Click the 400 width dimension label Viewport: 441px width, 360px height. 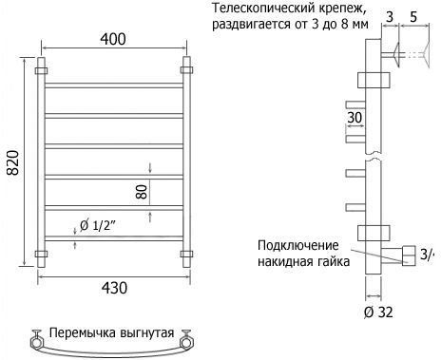pyautogui.click(x=113, y=39)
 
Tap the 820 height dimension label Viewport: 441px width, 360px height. pyautogui.click(x=13, y=162)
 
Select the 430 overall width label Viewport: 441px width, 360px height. pyautogui.click(x=114, y=288)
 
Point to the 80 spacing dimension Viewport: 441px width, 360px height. pyautogui.click(x=142, y=192)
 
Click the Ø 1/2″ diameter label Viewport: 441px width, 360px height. pyautogui.click(x=98, y=225)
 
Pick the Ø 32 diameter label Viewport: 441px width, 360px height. pyautogui.click(x=378, y=313)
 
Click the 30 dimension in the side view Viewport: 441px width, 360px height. pyautogui.click(x=355, y=118)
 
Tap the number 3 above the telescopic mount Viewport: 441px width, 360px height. pyautogui.click(x=390, y=16)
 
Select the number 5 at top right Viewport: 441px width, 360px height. pyautogui.click(x=413, y=16)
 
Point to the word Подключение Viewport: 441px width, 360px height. pyautogui.click(x=298, y=246)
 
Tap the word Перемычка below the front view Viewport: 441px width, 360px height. pyautogui.click(x=83, y=333)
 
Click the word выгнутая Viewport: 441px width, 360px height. pyautogui.click(x=147, y=333)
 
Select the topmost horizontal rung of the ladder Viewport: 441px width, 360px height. pyautogui.click(x=114, y=85)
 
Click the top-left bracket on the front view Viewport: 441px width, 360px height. pyautogui.click(x=41, y=70)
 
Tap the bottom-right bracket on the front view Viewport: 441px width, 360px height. pyautogui.click(x=186, y=254)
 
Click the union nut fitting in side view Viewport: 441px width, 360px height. pyautogui.click(x=409, y=256)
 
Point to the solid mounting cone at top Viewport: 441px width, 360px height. pyautogui.click(x=397, y=54)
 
